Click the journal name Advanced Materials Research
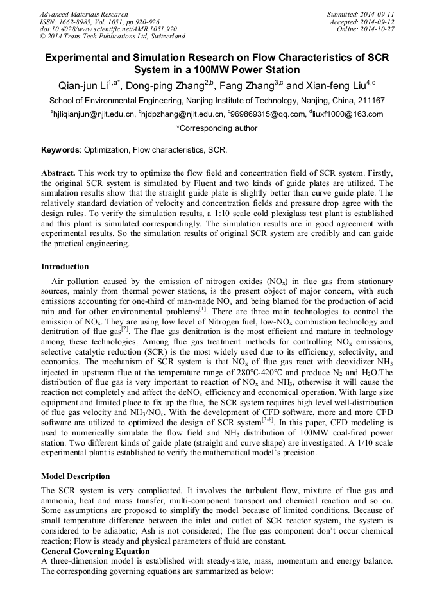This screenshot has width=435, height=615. click(83, 14)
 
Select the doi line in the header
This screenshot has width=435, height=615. click(108, 29)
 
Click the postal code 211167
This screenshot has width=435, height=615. click(370, 101)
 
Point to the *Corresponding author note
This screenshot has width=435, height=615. click(217, 128)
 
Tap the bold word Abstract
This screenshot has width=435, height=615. click(58, 174)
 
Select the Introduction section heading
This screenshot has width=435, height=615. click(65, 267)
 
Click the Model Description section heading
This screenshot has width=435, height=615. click(75, 476)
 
